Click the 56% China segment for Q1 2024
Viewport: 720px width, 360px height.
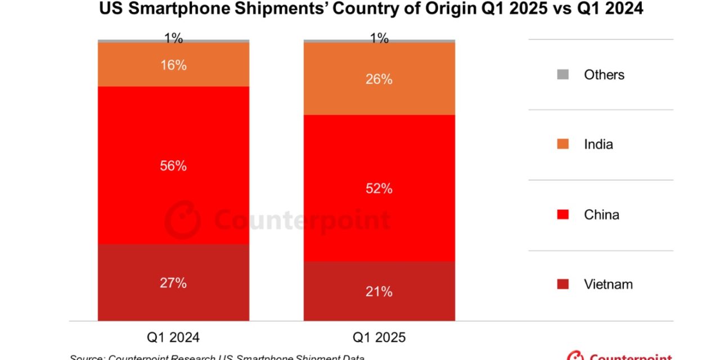coord(173,165)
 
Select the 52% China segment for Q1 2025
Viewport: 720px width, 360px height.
coord(379,188)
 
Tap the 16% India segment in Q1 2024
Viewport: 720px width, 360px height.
coord(173,65)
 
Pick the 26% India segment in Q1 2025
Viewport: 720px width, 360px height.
coord(379,79)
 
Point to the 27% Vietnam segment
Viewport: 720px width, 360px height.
coord(173,282)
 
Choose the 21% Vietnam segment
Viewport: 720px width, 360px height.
coord(379,291)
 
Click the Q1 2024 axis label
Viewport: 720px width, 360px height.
coord(173,337)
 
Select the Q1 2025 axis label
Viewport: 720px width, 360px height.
coord(379,337)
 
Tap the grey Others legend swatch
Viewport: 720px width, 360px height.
coord(564,74)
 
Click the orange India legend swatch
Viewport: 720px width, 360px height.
coord(564,145)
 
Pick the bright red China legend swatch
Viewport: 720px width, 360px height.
coord(564,214)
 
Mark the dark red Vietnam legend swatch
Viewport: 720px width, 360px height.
coord(564,285)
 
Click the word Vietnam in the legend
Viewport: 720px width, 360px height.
coord(608,285)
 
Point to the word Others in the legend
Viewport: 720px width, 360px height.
coord(604,75)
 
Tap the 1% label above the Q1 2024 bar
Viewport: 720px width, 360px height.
coord(173,38)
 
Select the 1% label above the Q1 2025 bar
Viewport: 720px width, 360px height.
coord(379,38)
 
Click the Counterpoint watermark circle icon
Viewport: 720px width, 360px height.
coord(182,219)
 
